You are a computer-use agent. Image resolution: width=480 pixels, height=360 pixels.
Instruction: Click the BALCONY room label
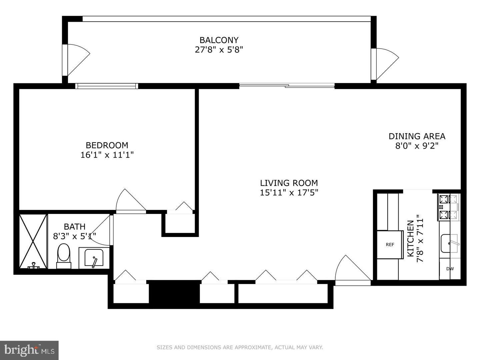coord(219,40)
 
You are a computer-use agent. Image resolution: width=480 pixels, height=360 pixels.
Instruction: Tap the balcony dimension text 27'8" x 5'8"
coord(219,50)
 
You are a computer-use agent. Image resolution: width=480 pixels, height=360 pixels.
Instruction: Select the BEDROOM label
coord(107,145)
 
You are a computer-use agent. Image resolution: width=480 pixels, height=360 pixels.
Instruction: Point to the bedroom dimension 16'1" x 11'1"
coord(107,155)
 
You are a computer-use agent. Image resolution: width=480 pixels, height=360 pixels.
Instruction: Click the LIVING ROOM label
coord(289,183)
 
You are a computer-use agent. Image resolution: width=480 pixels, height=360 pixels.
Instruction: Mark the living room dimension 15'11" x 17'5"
coord(289,193)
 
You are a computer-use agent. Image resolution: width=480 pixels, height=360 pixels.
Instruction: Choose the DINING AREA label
coord(417,136)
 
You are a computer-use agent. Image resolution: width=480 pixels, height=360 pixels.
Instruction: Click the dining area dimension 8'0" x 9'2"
coord(417,146)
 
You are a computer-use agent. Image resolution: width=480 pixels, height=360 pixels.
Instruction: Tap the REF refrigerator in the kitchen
coord(390,245)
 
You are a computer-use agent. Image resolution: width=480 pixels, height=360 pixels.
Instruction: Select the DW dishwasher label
coord(450,269)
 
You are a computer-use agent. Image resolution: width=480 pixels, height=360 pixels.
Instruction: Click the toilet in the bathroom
coord(63,255)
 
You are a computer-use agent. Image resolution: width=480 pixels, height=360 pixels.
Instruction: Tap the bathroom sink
coord(94,258)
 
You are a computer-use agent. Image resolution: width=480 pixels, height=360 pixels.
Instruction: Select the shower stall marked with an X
coord(33,241)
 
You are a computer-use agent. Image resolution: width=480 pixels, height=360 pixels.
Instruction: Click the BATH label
coord(74,227)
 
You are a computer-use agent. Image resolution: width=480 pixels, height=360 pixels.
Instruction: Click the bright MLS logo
coord(29,350)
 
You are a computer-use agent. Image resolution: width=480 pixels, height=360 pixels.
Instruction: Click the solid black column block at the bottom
coord(174,292)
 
